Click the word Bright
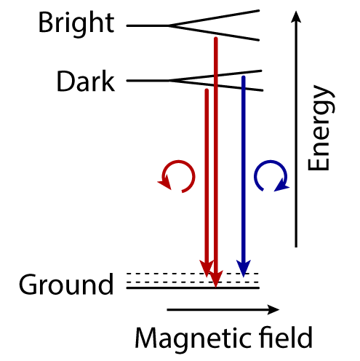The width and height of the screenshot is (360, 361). pyautogui.click(x=76, y=24)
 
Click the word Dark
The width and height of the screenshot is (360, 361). pyautogui.click(x=85, y=82)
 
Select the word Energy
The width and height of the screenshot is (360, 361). pyautogui.click(x=321, y=128)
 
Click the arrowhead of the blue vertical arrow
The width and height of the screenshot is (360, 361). pyautogui.click(x=244, y=268)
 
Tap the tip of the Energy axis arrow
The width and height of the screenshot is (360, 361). pyautogui.click(x=296, y=11)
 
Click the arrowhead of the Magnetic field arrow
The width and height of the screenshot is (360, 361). pyautogui.click(x=273, y=309)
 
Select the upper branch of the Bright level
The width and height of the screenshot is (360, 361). pyautogui.click(x=214, y=17)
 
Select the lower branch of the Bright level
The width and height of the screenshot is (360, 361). pyautogui.click(x=214, y=33)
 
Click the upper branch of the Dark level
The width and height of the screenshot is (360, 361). pyautogui.click(x=216, y=76)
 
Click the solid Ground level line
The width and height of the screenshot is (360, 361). pyautogui.click(x=193, y=288)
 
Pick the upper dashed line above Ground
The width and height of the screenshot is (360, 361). pyautogui.click(x=193, y=274)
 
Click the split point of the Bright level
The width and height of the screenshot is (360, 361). pyautogui.click(x=169, y=25)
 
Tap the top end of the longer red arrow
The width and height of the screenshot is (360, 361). pyautogui.click(x=216, y=38)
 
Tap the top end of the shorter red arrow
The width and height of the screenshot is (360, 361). pyautogui.click(x=207, y=90)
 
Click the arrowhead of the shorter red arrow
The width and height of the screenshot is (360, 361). pyautogui.click(x=207, y=269)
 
